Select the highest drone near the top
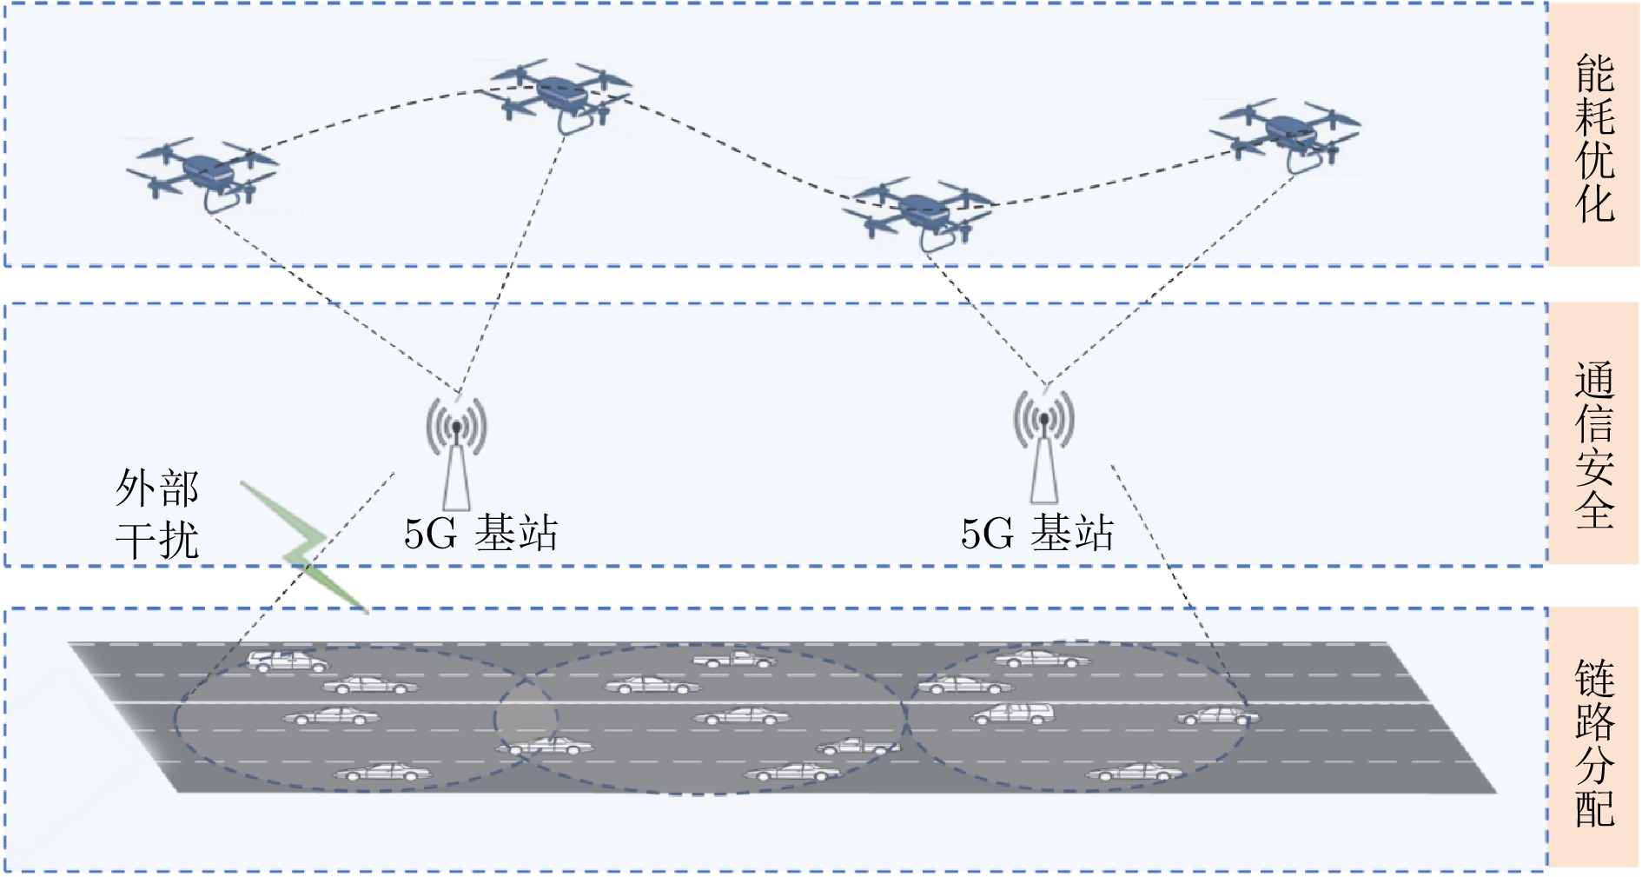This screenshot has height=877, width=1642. coord(556,92)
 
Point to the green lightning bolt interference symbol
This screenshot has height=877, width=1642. coord(304,548)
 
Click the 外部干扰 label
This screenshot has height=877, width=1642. coord(157,515)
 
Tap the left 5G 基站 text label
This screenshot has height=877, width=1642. coord(480,534)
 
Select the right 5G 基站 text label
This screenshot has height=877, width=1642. coord(1036,534)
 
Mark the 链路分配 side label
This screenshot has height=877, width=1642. coord(1595,743)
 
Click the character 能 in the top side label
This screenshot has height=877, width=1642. coord(1595,73)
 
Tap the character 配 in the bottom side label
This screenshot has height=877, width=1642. coord(1595,808)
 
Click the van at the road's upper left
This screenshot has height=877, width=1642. coord(288,661)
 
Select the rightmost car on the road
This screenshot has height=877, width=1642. coord(1218,717)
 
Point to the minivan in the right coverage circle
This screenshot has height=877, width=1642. coord(1012,714)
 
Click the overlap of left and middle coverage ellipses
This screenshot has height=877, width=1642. coord(526,720)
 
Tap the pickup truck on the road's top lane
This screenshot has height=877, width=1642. coord(734,660)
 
